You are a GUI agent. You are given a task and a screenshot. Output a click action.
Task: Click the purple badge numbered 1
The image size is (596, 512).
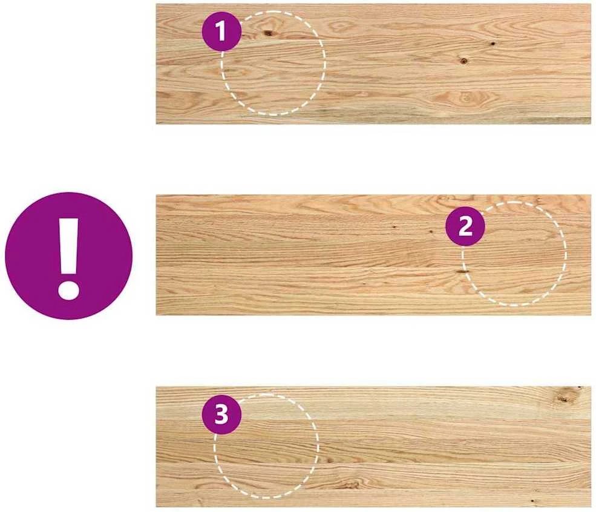pyautogui.click(x=221, y=31)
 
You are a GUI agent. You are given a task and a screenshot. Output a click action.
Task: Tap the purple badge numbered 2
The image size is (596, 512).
pyautogui.click(x=465, y=227)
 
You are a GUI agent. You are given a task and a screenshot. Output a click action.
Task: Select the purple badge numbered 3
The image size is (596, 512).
pyautogui.click(x=221, y=415)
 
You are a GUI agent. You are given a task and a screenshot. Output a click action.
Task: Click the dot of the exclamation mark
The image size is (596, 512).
pyautogui.click(x=68, y=290)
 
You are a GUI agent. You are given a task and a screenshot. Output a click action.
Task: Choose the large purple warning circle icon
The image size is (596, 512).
pyautogui.click(x=69, y=256)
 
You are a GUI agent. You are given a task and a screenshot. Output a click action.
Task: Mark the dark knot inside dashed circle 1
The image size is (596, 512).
pyautogui.click(x=269, y=33)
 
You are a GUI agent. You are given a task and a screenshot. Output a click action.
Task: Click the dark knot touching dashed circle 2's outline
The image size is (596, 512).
pyautogui.click(x=463, y=271)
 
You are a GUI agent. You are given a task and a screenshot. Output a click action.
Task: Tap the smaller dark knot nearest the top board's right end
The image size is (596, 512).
pyautogui.click(x=493, y=44)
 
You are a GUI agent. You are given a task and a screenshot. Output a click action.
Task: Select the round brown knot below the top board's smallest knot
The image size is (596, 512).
pyautogui.click(x=463, y=61)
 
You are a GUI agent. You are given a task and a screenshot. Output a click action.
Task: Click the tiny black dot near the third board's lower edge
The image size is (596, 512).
pyautogui.click(x=532, y=501)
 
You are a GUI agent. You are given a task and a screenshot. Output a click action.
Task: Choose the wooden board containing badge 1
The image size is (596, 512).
pyautogui.click(x=373, y=64)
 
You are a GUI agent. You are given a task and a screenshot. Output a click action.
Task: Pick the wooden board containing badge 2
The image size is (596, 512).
pyautogui.click(x=373, y=255)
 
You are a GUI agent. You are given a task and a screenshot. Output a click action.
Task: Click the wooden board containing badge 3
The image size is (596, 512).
pyautogui.click(x=373, y=447)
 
